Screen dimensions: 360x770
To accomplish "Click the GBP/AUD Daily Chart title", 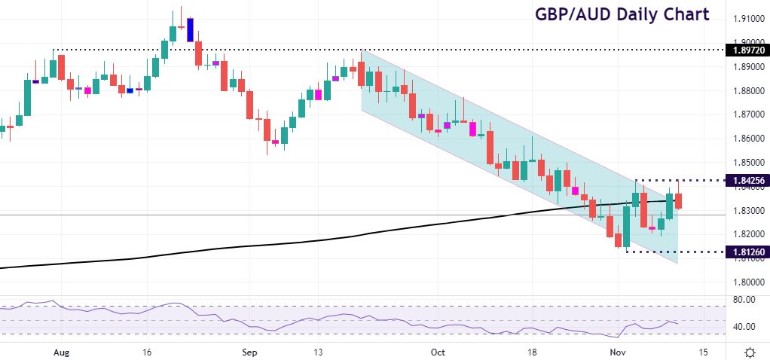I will tap(622, 14).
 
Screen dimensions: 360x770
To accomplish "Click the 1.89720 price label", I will tap(745, 50).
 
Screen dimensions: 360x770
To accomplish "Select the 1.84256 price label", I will tap(745, 181).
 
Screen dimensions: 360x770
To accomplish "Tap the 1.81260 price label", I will tap(745, 252).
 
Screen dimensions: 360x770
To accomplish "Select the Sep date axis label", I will tap(251, 352).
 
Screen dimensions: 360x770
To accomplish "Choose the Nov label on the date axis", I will tap(617, 352).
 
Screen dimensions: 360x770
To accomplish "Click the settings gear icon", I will tap(750, 352).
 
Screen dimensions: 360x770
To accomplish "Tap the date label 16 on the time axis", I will tap(147, 352).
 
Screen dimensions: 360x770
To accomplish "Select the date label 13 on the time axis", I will tap(319, 352).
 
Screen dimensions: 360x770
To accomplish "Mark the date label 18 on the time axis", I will tap(531, 352).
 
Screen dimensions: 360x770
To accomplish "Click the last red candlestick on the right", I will tap(679, 200).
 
